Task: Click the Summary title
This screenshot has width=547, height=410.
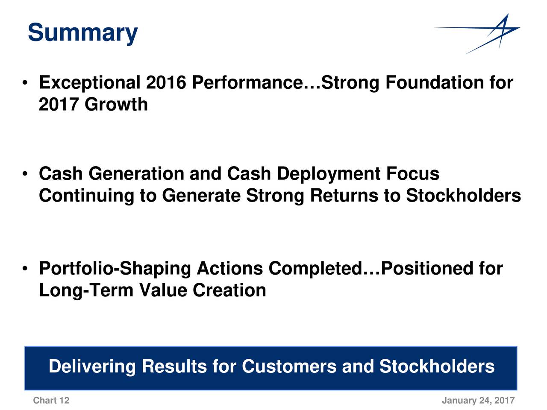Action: point(83,33)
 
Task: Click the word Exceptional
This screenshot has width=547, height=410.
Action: point(90,83)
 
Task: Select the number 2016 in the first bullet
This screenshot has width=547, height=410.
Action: point(166,82)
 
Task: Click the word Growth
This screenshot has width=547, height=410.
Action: point(116,104)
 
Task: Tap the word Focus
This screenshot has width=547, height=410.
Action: point(413,173)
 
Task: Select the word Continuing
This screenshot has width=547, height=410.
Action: point(86,196)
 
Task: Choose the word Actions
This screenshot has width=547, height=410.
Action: point(229,268)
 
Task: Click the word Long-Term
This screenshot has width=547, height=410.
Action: point(86,291)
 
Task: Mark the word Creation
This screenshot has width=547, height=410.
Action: point(229,290)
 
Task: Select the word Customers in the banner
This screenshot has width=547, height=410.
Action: point(289,367)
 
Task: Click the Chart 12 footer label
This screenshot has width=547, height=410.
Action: point(51,401)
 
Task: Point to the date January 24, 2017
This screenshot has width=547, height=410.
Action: point(478,401)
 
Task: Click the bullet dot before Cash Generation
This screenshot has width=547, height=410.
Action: point(25,173)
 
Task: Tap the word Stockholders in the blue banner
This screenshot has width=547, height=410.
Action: point(437,367)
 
